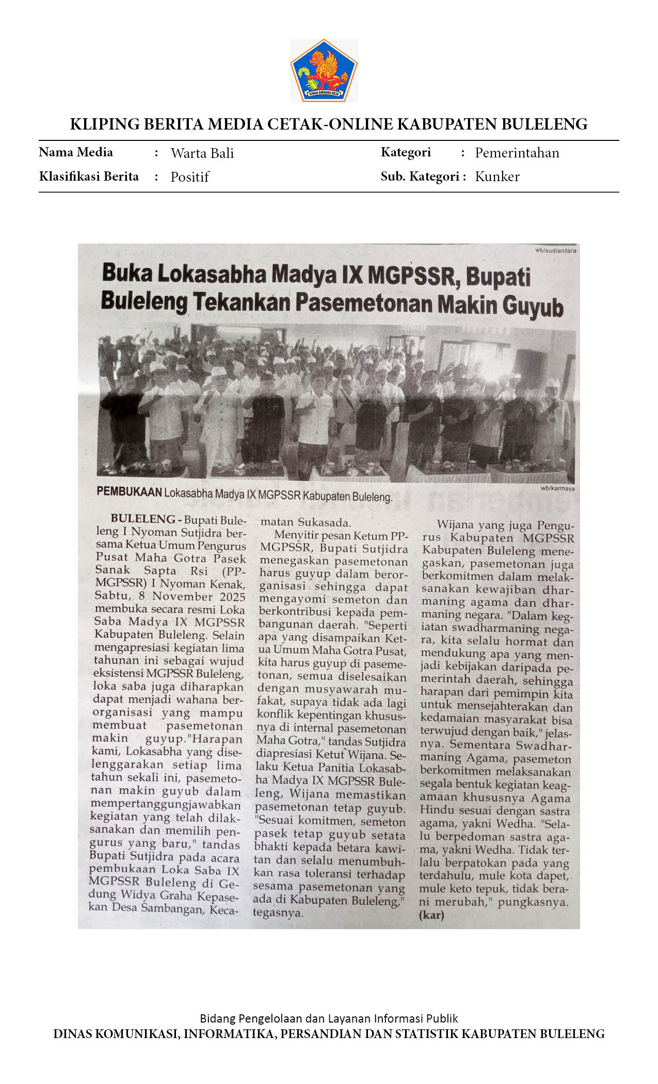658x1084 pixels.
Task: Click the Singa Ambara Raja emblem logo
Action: (x=324, y=70)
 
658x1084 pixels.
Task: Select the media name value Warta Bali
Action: (x=202, y=153)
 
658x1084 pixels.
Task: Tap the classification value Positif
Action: (x=189, y=177)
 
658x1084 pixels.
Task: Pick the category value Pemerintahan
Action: (x=517, y=153)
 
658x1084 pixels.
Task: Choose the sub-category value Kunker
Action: (x=497, y=177)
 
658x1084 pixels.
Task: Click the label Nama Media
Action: (x=76, y=152)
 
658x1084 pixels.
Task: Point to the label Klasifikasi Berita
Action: (x=89, y=177)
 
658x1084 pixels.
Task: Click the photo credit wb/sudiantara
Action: (x=555, y=251)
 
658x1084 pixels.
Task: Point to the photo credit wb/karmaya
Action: (x=557, y=488)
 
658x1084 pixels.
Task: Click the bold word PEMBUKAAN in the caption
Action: (x=129, y=491)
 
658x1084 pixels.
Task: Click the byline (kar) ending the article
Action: (x=431, y=915)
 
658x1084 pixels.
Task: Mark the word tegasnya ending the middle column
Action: (x=278, y=913)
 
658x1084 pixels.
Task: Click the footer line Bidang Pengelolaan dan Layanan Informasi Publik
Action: (x=329, y=1018)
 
